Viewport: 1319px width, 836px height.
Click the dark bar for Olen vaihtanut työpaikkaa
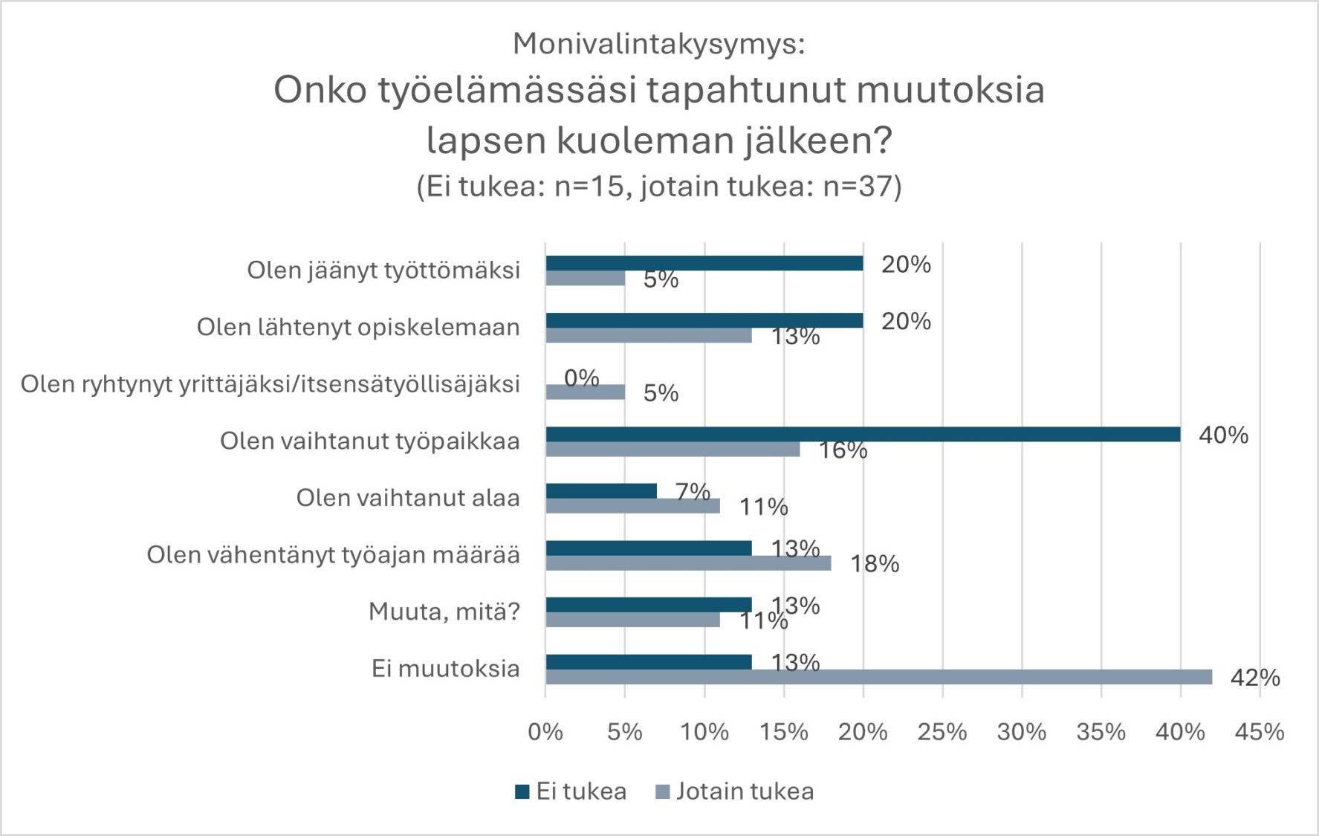point(862,434)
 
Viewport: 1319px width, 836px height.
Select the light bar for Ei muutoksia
point(878,677)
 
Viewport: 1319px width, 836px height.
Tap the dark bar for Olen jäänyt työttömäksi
point(704,263)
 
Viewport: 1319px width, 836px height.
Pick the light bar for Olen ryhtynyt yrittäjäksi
point(585,392)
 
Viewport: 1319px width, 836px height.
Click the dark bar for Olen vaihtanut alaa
point(600,491)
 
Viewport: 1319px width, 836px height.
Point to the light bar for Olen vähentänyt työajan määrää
point(688,563)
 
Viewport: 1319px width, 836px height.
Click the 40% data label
point(1222,435)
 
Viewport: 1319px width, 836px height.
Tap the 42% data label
point(1254,678)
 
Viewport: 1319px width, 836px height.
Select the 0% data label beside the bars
point(581,378)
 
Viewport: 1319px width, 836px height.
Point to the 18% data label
point(874,564)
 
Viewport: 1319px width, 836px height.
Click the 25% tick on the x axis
point(942,732)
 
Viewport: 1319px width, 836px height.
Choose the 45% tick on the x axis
point(1259,732)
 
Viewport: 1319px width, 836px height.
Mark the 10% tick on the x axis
point(704,732)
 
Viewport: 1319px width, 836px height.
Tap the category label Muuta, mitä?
point(444,612)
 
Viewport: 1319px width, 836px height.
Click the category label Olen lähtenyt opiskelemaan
point(357,327)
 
